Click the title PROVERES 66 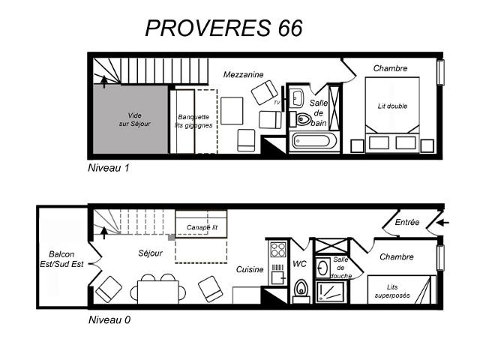224,28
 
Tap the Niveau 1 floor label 109,168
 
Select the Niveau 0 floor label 109,320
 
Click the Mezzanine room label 243,74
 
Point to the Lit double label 392,106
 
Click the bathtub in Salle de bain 313,141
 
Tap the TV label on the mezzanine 277,103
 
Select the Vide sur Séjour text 135,119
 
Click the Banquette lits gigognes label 193,121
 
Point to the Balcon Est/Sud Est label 61,259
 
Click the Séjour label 150,253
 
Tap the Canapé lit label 202,227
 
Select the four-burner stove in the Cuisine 278,250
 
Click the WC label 299,264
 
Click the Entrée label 406,222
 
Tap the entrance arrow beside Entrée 442,223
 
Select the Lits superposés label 392,291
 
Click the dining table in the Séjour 158,292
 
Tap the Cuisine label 250,269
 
